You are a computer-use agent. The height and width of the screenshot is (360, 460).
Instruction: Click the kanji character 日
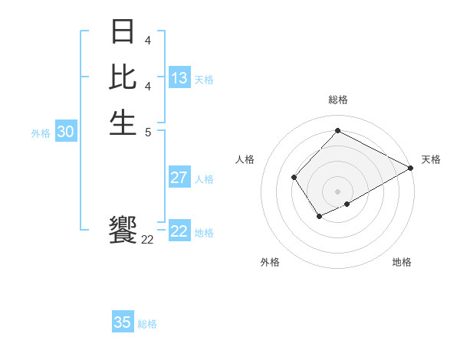coord(123,33)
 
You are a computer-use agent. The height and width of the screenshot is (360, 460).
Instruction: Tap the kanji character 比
coord(123,77)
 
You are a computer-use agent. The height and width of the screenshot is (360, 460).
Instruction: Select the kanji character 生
coord(123,122)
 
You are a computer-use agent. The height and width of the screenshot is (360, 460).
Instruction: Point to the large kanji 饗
coord(123,230)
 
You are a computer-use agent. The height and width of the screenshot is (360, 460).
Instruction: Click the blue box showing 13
coord(179,78)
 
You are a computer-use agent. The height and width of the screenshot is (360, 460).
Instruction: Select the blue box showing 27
coord(179,178)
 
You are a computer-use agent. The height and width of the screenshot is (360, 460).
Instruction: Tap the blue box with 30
coord(66,132)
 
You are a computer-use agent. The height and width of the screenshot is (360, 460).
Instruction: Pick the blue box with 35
coord(123,322)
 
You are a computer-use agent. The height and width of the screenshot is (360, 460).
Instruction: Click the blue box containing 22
coord(179,231)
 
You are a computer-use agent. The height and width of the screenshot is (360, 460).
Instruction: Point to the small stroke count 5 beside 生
coord(147,131)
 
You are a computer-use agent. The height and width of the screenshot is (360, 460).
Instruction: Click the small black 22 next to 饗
coord(147,240)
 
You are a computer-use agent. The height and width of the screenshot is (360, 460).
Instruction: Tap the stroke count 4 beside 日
coord(147,41)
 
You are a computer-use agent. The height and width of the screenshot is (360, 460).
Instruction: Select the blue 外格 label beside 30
coord(41,133)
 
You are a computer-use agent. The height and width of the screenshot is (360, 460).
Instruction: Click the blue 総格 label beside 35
coord(147,324)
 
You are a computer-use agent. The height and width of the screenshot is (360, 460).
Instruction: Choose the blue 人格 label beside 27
coord(204,179)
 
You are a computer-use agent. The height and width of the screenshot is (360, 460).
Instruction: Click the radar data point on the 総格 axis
coord(337,130)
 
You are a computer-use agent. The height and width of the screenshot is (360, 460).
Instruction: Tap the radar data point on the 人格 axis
coord(294,178)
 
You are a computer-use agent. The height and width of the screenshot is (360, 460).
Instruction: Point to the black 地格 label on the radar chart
coord(402,263)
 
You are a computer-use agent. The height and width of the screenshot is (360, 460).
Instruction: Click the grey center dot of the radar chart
coord(337,191)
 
